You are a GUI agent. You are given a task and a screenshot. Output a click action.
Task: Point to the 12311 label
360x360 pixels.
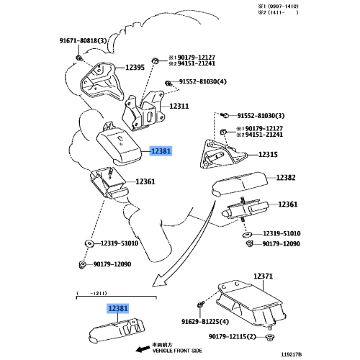pos(179,106)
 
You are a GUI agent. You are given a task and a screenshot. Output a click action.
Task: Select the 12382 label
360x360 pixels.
pos(285,177)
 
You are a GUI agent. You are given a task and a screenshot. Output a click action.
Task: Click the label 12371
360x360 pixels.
pos(263,276)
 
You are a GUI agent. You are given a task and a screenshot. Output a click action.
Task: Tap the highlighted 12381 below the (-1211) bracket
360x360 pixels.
pos(119,308)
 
